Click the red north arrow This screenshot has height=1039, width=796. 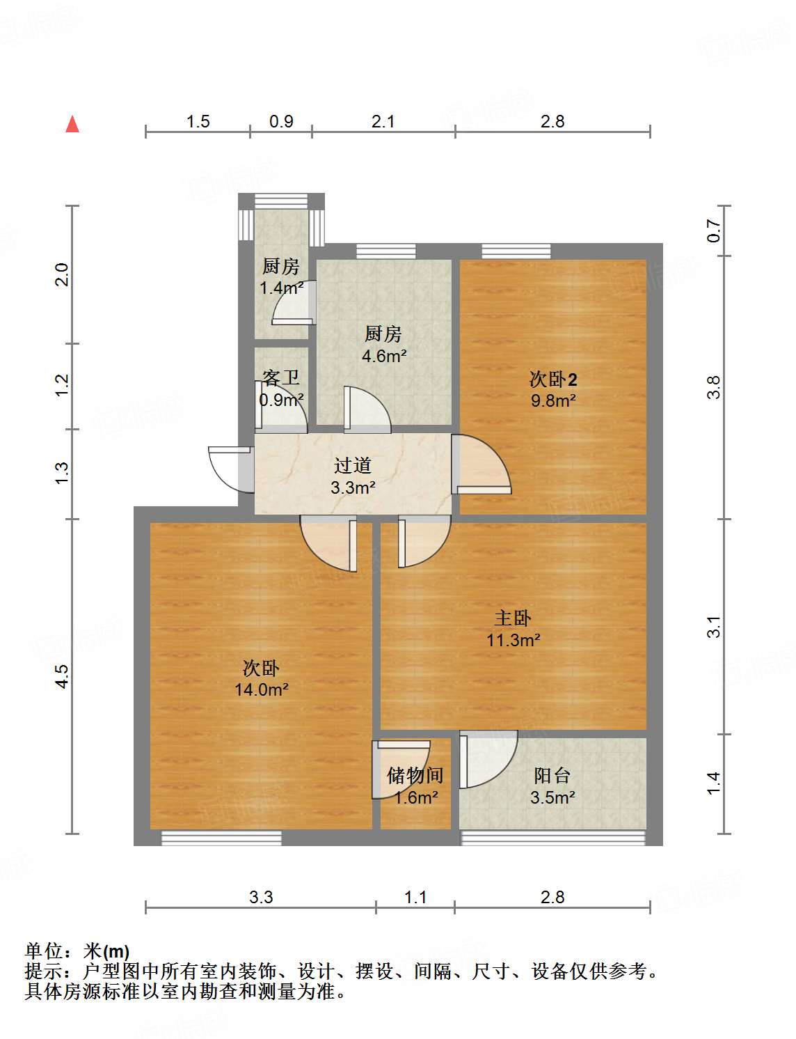72,124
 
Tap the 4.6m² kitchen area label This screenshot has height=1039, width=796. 383,356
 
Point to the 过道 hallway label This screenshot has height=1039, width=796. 353,465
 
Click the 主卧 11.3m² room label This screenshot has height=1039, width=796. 514,628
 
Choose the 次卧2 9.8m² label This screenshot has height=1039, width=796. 553,389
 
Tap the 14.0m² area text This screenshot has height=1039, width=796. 262,689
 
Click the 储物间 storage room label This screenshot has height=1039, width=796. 415,775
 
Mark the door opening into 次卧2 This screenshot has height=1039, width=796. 481,465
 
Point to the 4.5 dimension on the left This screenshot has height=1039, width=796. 62,676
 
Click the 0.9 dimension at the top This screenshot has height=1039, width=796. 281,121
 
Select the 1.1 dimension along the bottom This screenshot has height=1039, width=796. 415,897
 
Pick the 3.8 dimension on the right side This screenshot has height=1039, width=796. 714,387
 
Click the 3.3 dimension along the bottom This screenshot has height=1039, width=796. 261,897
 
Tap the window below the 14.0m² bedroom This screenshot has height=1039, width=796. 221,838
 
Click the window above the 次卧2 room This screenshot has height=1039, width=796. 516,251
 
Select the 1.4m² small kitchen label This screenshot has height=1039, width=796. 281,288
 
